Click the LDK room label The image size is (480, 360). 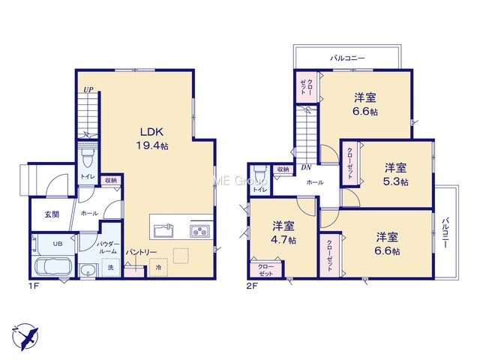(151, 132)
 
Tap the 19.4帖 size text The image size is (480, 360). (152, 146)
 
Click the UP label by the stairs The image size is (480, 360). (88, 90)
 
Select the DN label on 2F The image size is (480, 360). (306, 167)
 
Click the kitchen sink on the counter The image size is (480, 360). (163, 230)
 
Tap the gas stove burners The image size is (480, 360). (200, 231)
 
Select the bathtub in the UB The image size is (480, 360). (53, 266)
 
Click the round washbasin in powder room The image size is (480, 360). (88, 271)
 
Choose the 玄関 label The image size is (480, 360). (52, 214)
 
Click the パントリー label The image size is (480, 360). (142, 252)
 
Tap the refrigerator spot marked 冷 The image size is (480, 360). (158, 268)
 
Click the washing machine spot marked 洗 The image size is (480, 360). (110, 268)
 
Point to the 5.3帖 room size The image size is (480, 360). (395, 181)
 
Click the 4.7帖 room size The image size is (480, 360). (283, 240)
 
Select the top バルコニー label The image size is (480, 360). (347, 58)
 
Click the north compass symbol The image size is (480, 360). (25, 337)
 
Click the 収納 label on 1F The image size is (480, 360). (111, 180)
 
